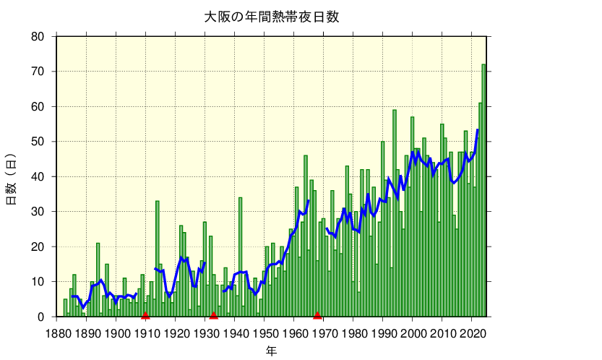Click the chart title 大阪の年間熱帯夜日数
(271, 17)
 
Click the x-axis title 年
(271, 351)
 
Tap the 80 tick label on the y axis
(38, 37)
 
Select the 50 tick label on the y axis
(38, 142)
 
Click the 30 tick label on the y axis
(38, 212)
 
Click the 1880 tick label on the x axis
(57, 334)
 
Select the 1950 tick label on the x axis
(265, 334)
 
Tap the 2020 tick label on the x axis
(472, 334)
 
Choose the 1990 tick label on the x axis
(383, 334)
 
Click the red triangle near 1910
(145, 314)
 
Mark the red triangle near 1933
(213, 314)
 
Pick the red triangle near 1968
(317, 314)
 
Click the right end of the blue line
(478, 130)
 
